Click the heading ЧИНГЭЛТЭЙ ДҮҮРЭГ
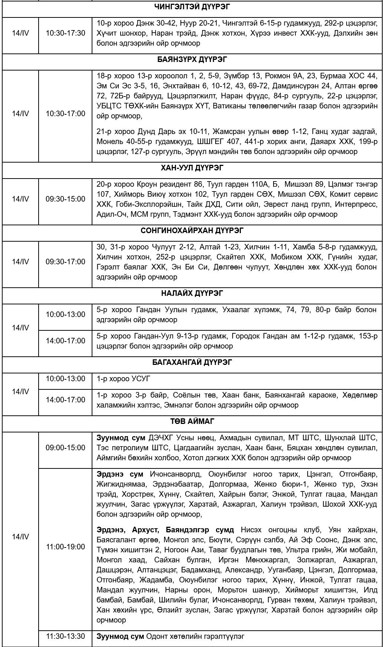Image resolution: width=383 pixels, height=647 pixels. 192,6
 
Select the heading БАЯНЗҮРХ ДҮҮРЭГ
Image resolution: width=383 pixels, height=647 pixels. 192,59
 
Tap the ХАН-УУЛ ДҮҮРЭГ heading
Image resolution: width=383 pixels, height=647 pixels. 192,168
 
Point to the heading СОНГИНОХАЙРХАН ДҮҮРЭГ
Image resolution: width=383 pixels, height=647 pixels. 192,231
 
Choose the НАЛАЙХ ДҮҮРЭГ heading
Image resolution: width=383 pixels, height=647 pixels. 192,293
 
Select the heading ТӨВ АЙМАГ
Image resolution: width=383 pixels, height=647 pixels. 192,421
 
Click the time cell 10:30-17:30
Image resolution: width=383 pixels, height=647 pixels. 65,33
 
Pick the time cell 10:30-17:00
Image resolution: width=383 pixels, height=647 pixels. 65,114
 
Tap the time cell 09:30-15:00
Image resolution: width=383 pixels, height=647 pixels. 65,199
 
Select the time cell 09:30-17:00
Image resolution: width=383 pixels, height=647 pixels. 65,262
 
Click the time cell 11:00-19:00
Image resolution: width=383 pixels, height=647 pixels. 65,547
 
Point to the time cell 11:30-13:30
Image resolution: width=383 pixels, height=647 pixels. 65,636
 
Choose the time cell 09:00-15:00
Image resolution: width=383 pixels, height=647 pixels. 65,448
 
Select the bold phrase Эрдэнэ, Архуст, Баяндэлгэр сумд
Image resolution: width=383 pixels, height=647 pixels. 165,530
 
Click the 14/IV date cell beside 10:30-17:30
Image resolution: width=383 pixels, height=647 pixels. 20,33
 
